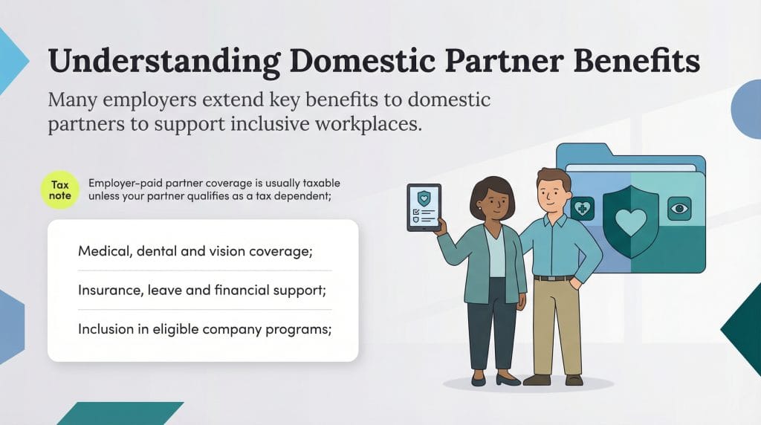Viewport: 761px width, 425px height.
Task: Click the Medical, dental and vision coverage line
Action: click(x=195, y=251)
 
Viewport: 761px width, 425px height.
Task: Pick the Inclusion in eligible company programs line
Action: click(x=204, y=329)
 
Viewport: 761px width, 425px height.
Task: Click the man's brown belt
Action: click(x=554, y=278)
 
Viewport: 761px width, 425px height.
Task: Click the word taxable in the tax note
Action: click(x=320, y=182)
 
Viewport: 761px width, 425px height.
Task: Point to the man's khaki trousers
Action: click(x=555, y=327)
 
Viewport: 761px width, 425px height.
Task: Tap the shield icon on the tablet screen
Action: click(x=424, y=198)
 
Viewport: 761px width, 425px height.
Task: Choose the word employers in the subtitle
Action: click(x=150, y=100)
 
